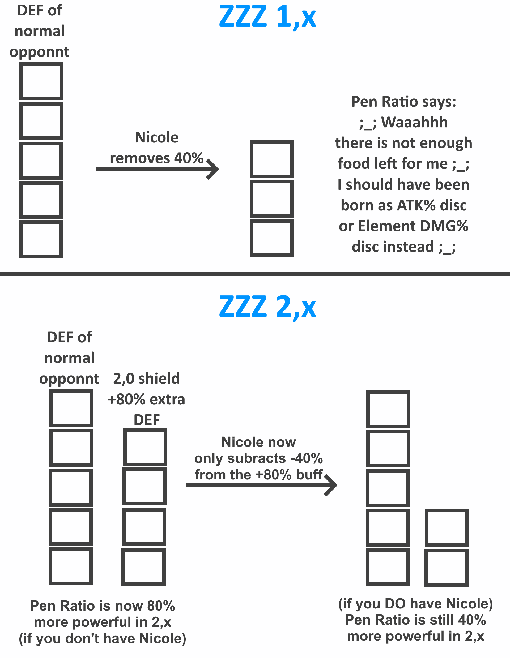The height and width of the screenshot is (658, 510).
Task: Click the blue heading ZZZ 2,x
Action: pyautogui.click(x=267, y=307)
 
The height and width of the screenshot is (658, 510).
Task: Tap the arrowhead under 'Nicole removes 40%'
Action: pyautogui.click(x=213, y=169)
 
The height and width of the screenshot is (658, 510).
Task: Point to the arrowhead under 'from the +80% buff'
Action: pyautogui.click(x=331, y=485)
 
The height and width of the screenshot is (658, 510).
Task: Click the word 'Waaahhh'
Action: pyautogui.click(x=414, y=123)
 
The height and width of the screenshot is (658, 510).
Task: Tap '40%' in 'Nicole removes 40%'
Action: pyautogui.click(x=189, y=158)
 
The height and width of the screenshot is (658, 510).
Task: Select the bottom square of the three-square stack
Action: pyautogui.click(x=272, y=238)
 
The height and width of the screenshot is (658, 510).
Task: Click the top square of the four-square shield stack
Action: pyautogui.click(x=145, y=447)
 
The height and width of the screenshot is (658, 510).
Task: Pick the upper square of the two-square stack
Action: pyautogui.click(x=447, y=527)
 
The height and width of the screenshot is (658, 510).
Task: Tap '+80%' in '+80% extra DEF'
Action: pyautogui.click(x=127, y=400)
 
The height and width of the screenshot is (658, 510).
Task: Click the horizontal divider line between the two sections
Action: pyautogui.click(x=255, y=274)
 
